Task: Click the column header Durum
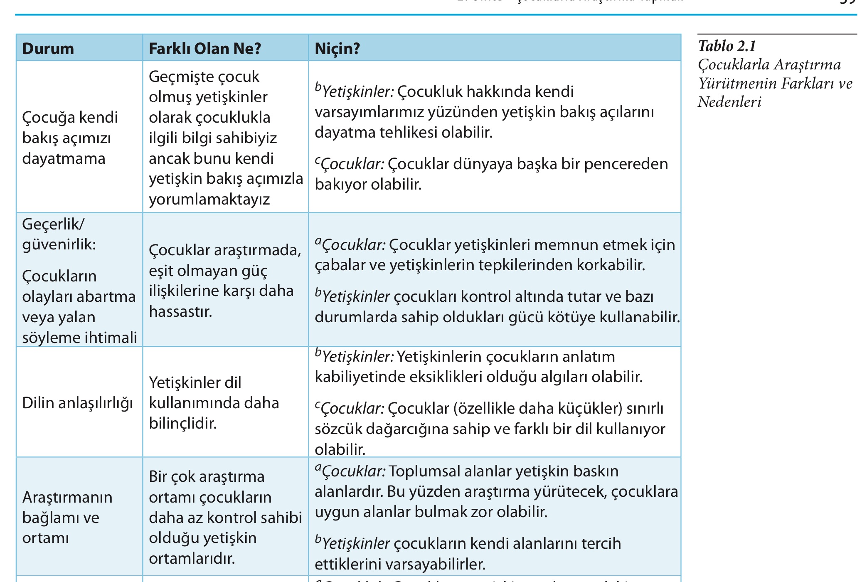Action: [x=48, y=49]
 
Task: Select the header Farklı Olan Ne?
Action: [x=204, y=49]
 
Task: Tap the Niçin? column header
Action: [x=337, y=49]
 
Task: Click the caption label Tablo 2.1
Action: [x=727, y=46]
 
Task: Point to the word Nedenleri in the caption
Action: [x=729, y=102]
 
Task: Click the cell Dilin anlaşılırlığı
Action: [x=77, y=403]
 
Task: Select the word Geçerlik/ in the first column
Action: [x=53, y=224]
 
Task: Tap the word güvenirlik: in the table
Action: [x=59, y=244]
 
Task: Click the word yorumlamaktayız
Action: [x=209, y=199]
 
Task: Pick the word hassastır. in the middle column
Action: [x=180, y=311]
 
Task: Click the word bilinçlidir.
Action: [x=183, y=423]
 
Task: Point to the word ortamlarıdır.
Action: [x=192, y=558]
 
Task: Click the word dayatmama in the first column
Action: [x=64, y=158]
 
